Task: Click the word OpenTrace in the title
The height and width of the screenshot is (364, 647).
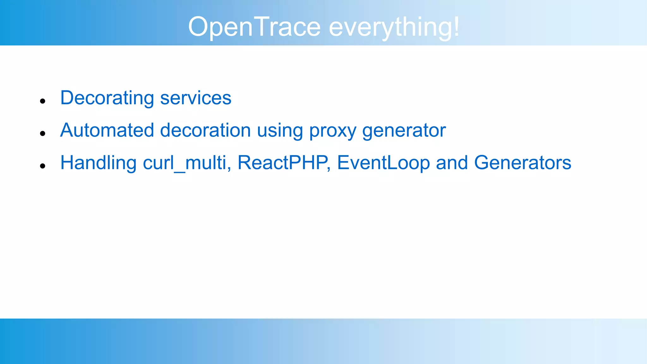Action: pyautogui.click(x=254, y=27)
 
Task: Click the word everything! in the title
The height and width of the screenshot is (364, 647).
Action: pyautogui.click(x=394, y=27)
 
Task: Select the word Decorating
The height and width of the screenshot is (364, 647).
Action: pyautogui.click(x=107, y=98)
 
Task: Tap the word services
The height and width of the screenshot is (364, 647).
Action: pyautogui.click(x=196, y=98)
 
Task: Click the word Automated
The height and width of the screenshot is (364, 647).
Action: pyautogui.click(x=107, y=130)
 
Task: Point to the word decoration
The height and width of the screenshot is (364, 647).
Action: pyautogui.click(x=205, y=130)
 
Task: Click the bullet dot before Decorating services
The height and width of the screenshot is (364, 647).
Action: pyautogui.click(x=43, y=101)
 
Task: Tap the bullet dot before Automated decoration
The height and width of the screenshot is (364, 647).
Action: pyautogui.click(x=43, y=134)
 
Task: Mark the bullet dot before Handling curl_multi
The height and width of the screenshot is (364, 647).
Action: pyautogui.click(x=43, y=166)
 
